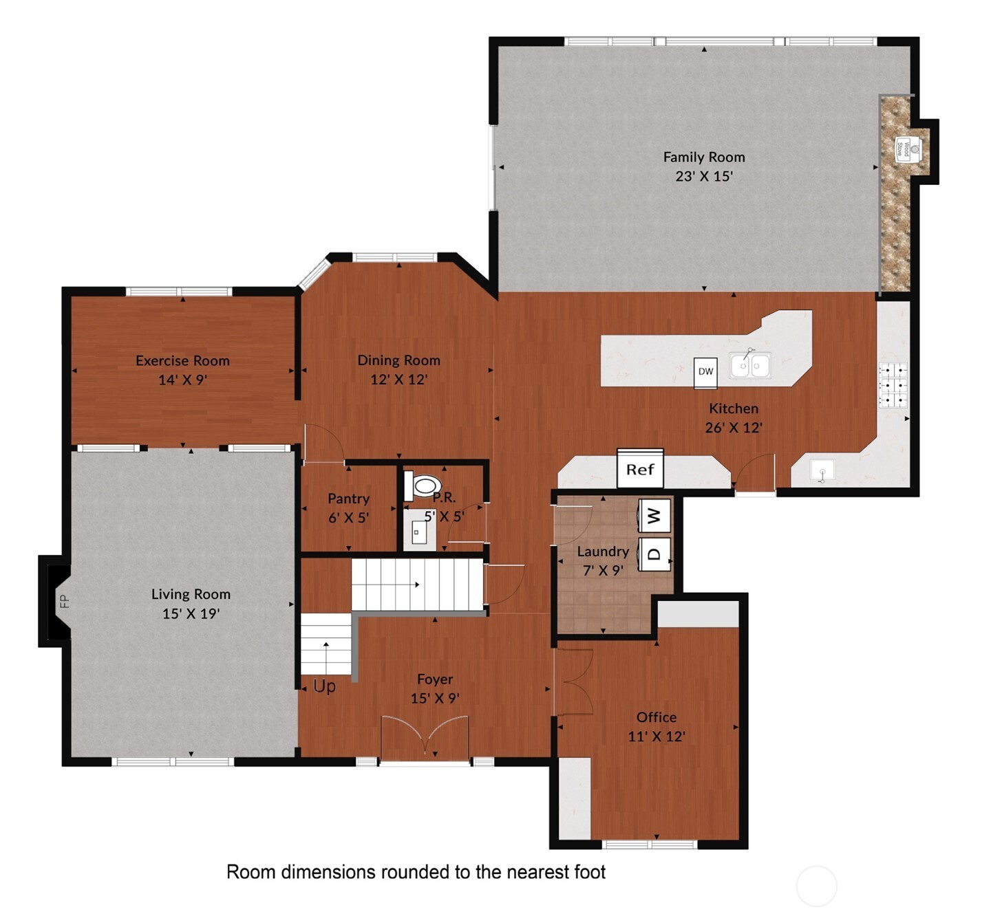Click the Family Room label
tap(703, 157)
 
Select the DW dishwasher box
tap(705, 371)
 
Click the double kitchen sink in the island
tap(750, 365)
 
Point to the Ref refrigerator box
tap(640, 469)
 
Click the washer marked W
tap(654, 515)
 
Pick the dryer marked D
tap(654, 554)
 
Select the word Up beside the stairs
tap(324, 686)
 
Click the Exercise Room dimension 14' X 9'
tap(182, 380)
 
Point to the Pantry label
tap(348, 499)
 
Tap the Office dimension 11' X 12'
tap(656, 737)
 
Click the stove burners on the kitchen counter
tap(893, 384)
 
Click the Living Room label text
tap(191, 594)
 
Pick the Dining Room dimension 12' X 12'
tap(398, 379)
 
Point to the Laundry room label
tap(603, 552)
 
